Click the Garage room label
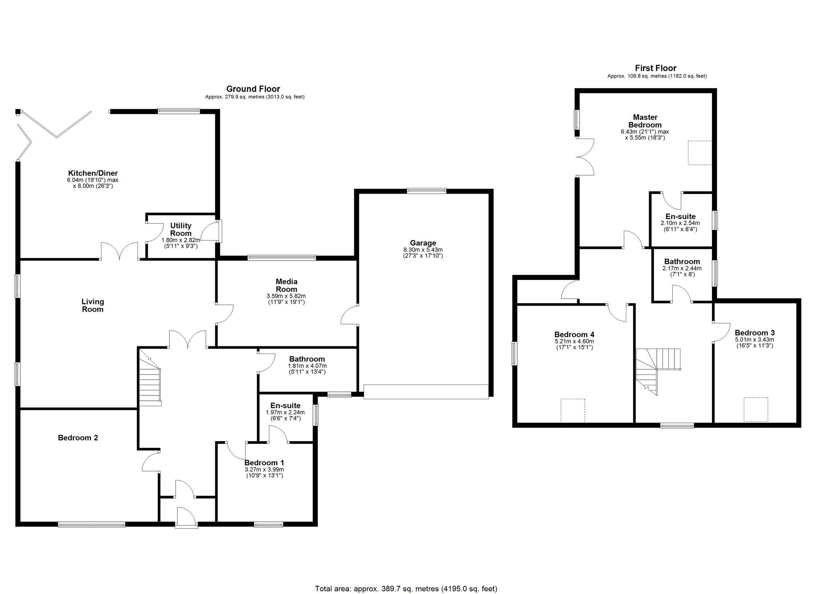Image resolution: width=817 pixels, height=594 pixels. (423, 243)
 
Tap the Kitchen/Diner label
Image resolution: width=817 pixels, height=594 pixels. (93, 173)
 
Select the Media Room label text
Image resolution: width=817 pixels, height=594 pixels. (286, 285)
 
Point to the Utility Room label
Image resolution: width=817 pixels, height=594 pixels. (181, 229)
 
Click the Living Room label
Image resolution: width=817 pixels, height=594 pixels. (93, 305)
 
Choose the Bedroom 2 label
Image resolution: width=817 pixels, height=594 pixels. (78, 438)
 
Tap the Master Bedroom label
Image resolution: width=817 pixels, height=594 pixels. (645, 121)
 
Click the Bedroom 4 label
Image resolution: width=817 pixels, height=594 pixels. (574, 334)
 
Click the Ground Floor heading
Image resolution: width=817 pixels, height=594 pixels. (253, 89)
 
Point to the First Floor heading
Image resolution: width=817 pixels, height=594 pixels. (656, 68)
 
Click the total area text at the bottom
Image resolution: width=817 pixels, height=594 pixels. (406, 589)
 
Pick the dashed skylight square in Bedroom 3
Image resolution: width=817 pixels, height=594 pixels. (756, 410)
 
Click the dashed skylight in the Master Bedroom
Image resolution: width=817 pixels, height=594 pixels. (700, 153)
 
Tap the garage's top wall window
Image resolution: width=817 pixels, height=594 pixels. (426, 190)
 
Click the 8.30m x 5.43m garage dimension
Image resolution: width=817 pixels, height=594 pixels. (423, 250)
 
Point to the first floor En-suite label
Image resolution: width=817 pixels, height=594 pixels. (680, 217)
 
